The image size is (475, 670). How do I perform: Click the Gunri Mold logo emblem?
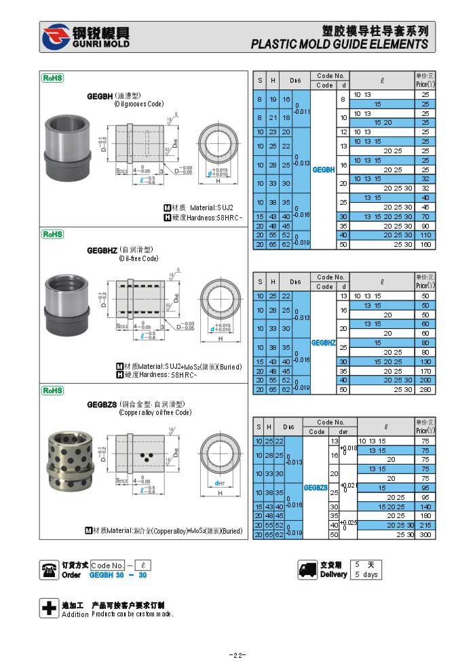coord(55,37)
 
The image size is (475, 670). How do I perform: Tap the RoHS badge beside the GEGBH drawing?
coord(52,78)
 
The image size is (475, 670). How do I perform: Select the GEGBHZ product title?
coord(102,250)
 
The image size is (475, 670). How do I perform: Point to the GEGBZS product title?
coord(102,404)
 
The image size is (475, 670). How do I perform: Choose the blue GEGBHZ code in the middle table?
coord(324,343)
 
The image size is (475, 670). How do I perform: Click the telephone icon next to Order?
coord(49,570)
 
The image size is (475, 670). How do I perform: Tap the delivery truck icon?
coord(308,570)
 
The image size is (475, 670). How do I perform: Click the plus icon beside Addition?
coord(49,608)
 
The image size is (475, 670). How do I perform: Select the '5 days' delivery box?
coord(366,574)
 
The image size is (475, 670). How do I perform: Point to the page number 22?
coord(237,655)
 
